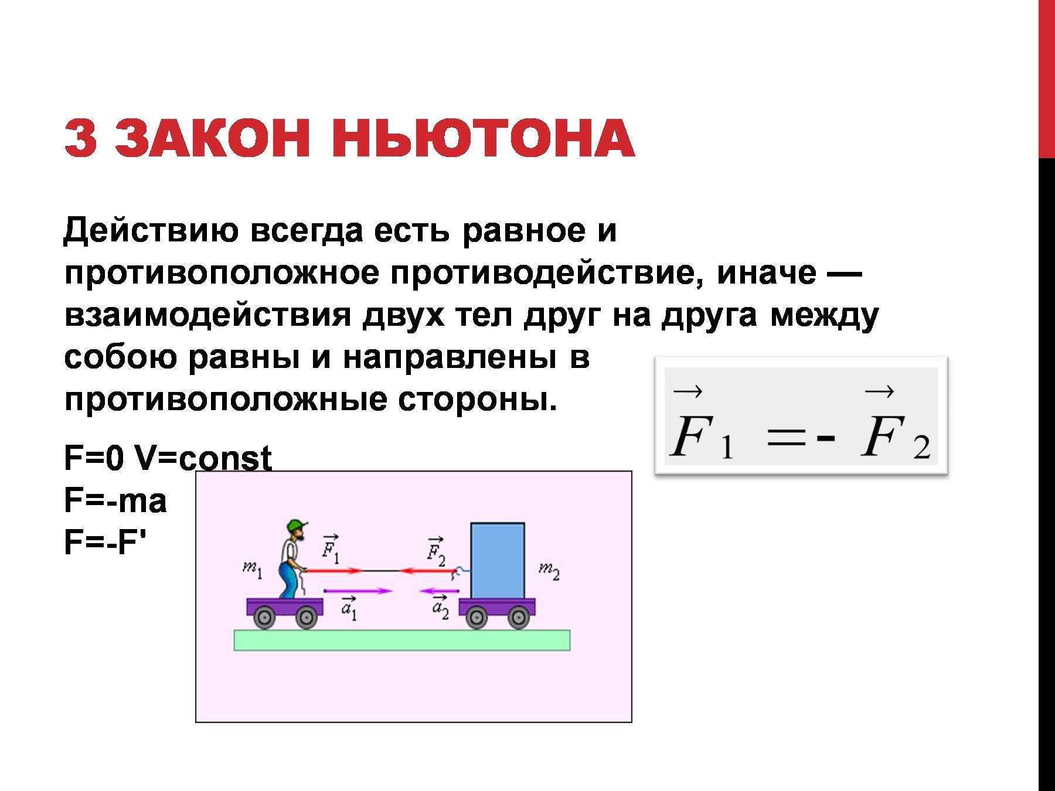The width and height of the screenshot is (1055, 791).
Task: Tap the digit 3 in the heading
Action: click(80, 139)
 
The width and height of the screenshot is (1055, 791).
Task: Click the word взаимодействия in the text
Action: click(207, 315)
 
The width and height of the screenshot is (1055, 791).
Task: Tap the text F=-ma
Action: click(115, 501)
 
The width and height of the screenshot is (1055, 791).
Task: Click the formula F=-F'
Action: click(105, 542)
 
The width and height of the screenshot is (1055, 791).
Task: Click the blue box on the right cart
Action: click(498, 561)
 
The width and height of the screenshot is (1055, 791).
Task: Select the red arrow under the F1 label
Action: click(333, 570)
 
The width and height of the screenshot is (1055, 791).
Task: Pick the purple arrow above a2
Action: click(439, 591)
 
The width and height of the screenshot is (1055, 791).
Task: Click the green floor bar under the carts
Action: click(402, 640)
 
